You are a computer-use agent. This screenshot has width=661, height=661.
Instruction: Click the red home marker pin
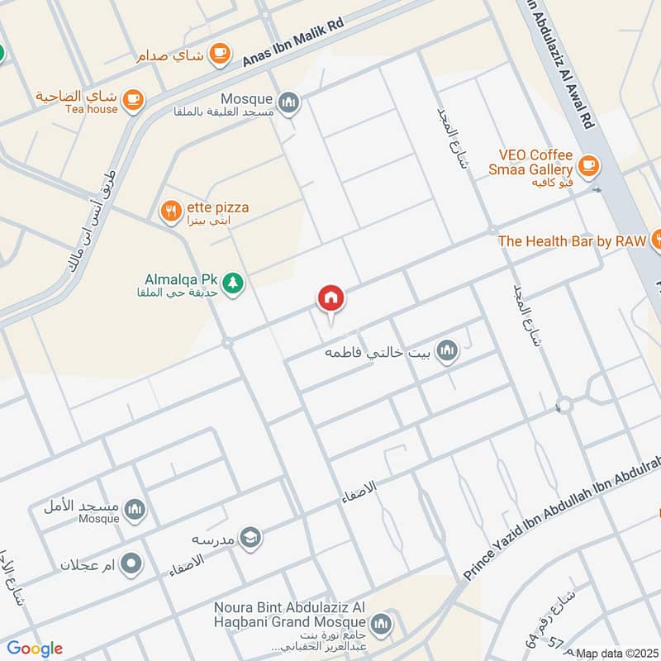[x=331, y=297]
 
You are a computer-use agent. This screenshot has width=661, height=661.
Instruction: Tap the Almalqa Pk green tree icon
[x=234, y=283]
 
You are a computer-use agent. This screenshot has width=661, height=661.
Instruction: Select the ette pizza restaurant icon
[x=170, y=212]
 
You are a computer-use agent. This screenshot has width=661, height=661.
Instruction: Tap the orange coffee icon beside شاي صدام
[x=219, y=53]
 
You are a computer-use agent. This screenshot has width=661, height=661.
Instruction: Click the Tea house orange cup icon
[x=132, y=101]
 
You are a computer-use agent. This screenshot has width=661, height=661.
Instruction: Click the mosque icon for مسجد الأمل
[x=137, y=510]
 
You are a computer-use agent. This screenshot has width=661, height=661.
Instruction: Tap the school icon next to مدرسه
[x=250, y=539]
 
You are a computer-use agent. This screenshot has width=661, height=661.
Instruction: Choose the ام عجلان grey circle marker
[x=131, y=565]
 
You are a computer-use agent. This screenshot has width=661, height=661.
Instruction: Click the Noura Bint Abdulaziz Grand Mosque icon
[x=381, y=622]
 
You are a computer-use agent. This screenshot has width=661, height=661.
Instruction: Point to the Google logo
[x=35, y=649]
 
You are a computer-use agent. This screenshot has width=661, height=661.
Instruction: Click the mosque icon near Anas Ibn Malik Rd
[x=288, y=102]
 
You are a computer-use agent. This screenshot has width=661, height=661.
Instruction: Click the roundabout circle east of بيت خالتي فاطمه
[x=564, y=405]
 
